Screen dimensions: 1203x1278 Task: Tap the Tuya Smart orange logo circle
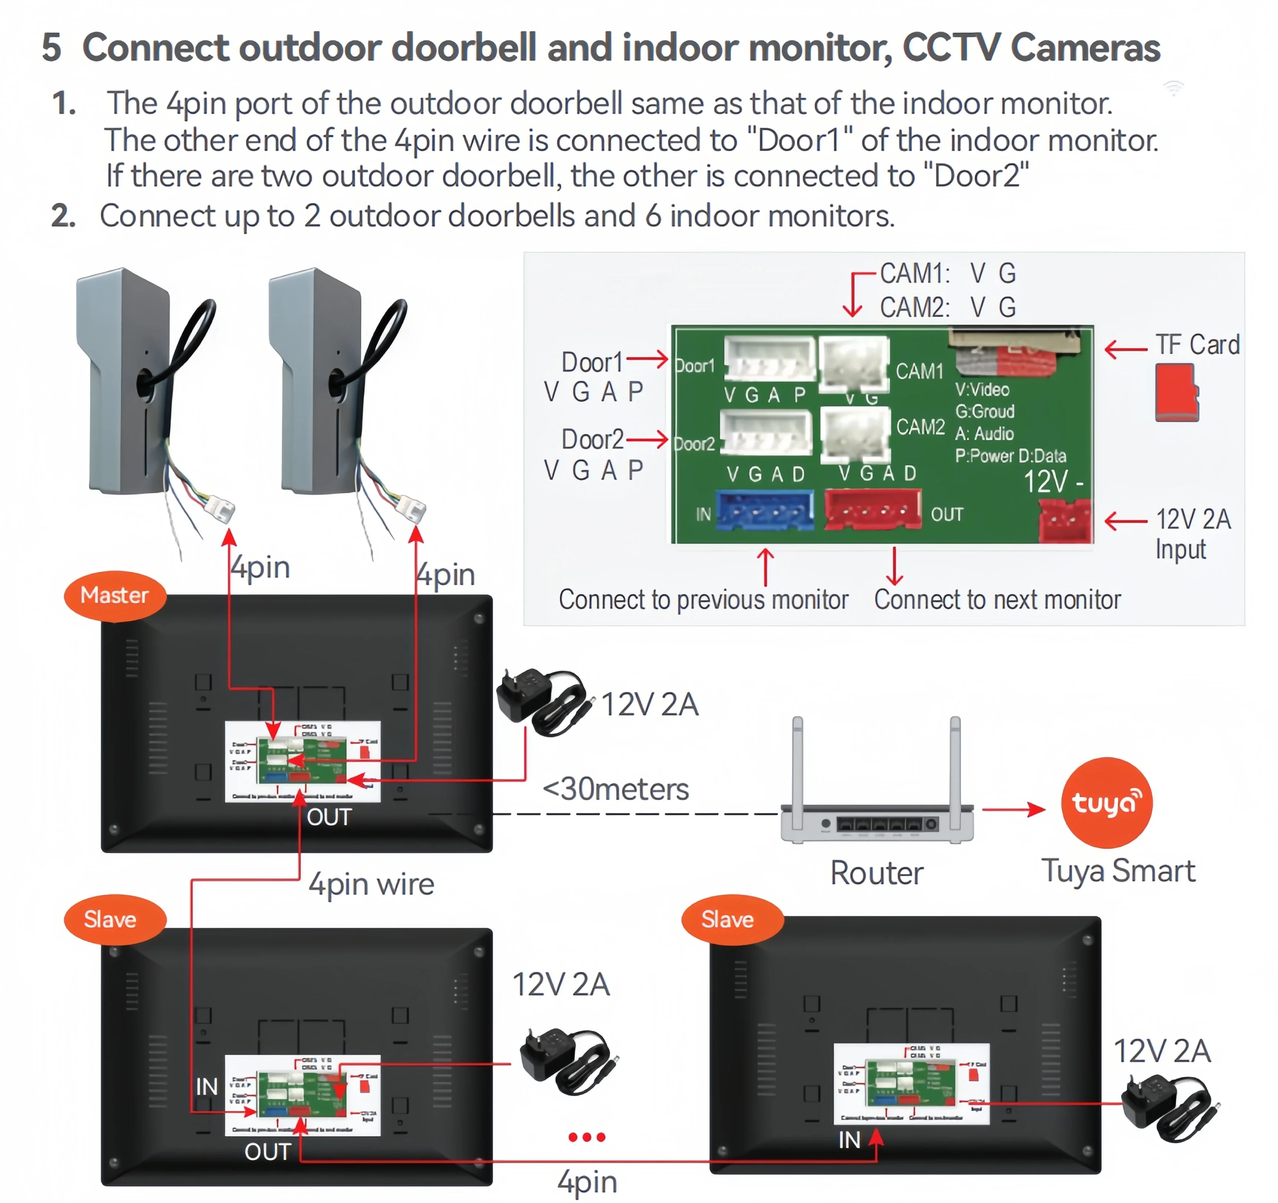[x=1106, y=802]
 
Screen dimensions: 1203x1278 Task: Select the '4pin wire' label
[x=371, y=884]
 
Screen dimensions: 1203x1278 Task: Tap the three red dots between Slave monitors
[x=586, y=1137]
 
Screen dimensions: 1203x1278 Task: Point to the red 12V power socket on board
[x=1065, y=521]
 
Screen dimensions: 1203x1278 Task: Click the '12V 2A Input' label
[x=1192, y=534]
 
